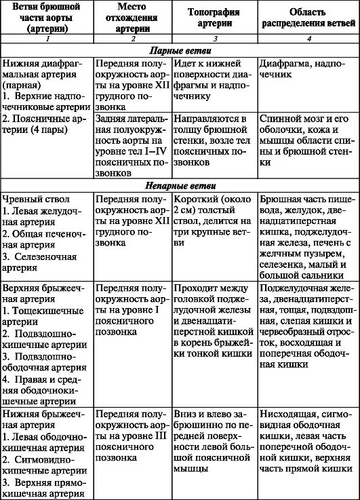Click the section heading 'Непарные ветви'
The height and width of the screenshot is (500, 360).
180,186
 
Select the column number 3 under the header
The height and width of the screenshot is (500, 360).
214,39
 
